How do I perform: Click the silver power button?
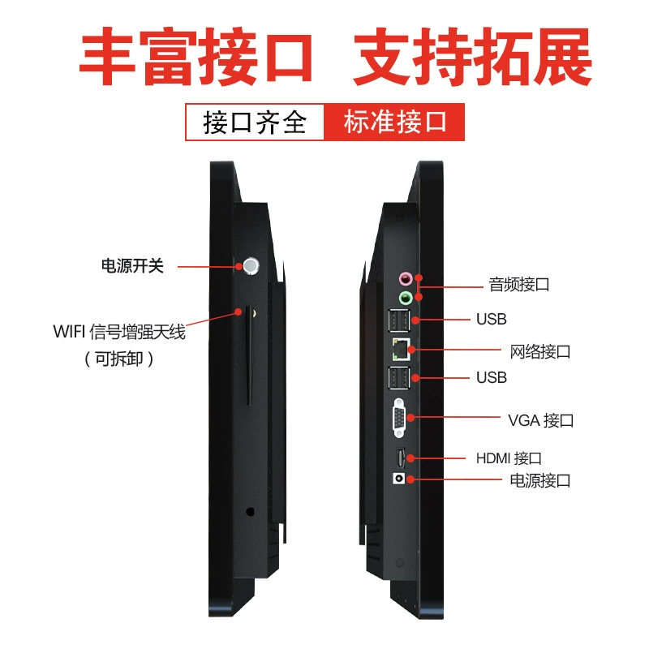(251, 266)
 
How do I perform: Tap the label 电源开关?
(132, 266)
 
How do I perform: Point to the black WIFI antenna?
(249, 355)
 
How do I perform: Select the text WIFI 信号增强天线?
(119, 332)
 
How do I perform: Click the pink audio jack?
(405, 278)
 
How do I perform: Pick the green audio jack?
(405, 297)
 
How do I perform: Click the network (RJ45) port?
(401, 349)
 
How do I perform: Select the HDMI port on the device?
(401, 458)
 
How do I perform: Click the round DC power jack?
(398, 479)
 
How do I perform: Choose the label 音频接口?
(519, 285)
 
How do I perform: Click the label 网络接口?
(540, 352)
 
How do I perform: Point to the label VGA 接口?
(540, 420)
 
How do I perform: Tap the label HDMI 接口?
(509, 458)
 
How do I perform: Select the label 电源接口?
(540, 480)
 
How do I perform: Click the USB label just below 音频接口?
(492, 319)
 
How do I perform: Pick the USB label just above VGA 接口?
(492, 377)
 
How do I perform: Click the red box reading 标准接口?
(394, 122)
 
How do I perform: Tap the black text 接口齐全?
(254, 122)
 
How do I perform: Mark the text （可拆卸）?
(119, 359)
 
